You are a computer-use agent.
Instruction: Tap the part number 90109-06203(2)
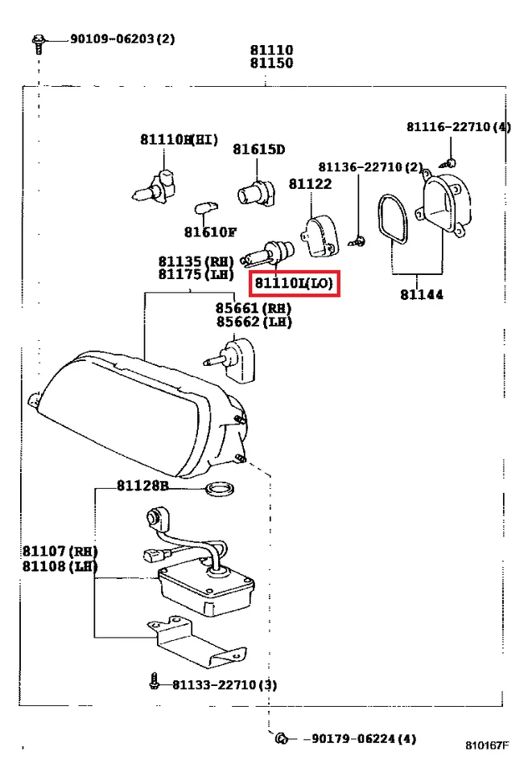click(x=122, y=39)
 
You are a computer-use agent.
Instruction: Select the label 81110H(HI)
click(x=179, y=140)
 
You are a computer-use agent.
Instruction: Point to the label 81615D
click(x=259, y=149)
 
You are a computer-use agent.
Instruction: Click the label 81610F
click(x=210, y=232)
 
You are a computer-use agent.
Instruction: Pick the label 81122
click(x=310, y=184)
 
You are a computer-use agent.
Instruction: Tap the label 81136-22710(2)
click(x=370, y=167)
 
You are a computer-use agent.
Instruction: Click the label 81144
click(x=421, y=295)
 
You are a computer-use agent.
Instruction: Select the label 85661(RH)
click(x=253, y=307)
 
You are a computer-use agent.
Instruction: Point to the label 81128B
click(x=142, y=486)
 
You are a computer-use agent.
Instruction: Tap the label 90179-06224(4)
click(x=360, y=739)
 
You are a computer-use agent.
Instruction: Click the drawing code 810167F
click(x=486, y=745)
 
